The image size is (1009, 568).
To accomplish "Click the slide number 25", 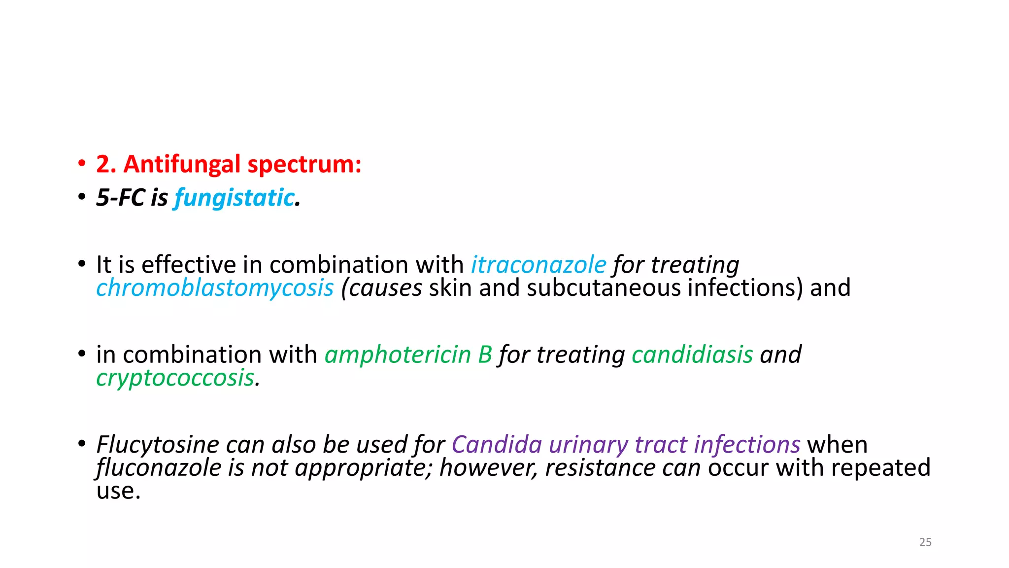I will [925, 542].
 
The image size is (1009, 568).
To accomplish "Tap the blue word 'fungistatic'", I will [235, 198].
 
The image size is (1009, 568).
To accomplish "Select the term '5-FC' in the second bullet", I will [121, 198].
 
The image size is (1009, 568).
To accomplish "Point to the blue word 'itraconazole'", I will [538, 265].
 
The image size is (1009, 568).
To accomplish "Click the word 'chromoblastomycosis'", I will [215, 288].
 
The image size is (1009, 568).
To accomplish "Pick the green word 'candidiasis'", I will [692, 355].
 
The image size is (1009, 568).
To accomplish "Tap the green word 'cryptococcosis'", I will [176, 378].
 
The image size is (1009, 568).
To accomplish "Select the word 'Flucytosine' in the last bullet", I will [157, 445].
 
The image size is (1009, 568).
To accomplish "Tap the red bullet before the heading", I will [81, 164].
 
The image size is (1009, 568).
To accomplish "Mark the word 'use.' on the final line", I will [119, 491].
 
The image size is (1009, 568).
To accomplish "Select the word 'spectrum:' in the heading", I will [305, 164].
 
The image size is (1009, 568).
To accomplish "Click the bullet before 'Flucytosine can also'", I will [81, 444].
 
